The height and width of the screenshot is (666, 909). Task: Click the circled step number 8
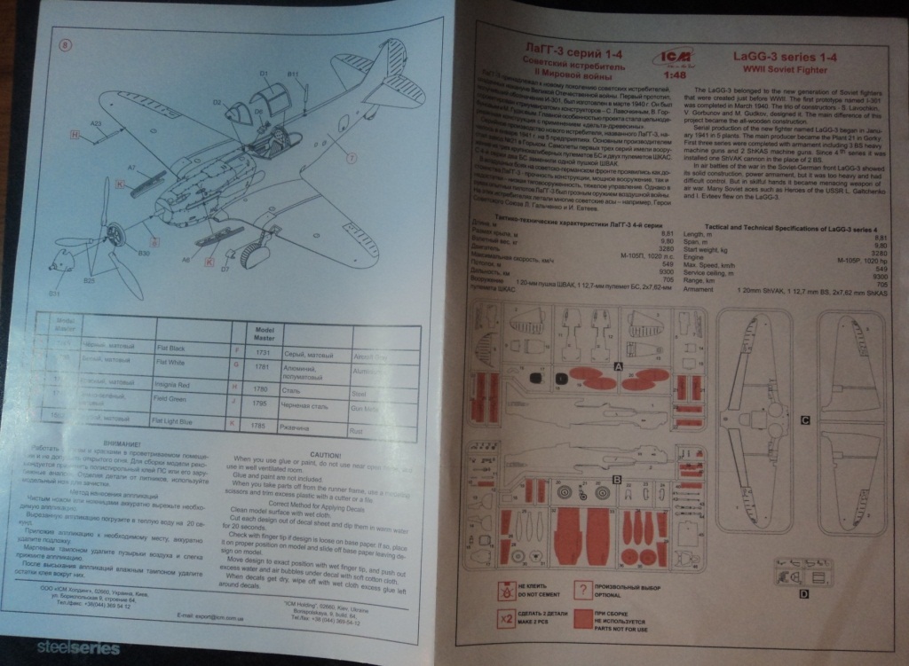point(66,47)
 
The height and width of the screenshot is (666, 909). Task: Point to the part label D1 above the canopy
point(264,73)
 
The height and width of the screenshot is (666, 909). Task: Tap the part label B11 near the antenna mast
point(293,74)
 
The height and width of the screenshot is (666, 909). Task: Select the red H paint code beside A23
point(75,133)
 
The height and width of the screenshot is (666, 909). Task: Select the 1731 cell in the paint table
point(261,353)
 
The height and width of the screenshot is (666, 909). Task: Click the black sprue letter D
point(803,592)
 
